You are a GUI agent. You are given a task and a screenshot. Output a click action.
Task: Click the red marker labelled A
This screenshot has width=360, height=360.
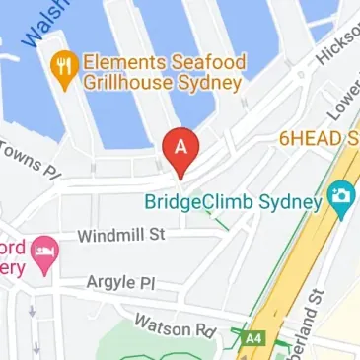(180, 146)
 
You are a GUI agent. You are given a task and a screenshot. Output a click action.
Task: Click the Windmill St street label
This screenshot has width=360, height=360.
(122, 236)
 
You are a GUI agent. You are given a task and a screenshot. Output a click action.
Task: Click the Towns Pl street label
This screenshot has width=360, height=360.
(30, 162)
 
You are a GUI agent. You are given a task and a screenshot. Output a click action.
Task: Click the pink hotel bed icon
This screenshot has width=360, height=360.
(45, 254)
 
